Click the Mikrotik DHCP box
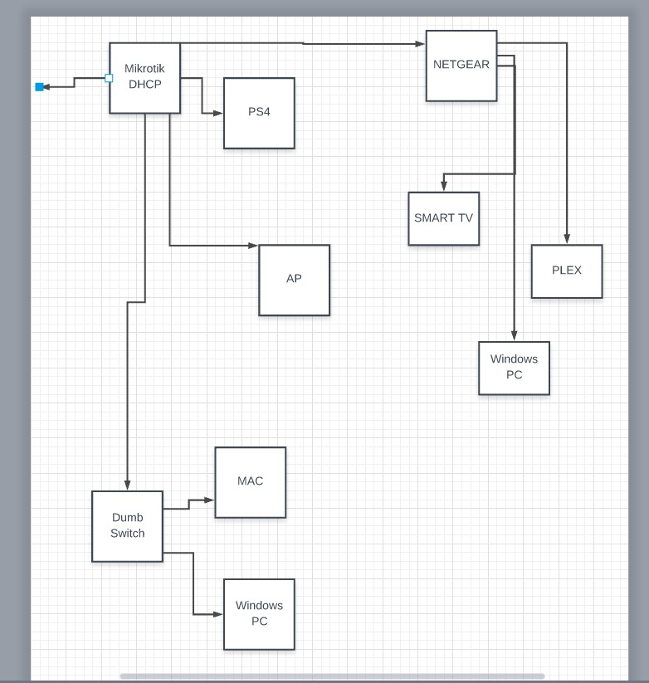144,77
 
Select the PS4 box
259,113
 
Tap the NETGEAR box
461,66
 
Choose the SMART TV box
443,218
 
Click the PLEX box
567,271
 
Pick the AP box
294,280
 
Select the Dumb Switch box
127,526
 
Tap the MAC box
250,482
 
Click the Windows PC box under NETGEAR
514,368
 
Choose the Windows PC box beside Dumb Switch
259,614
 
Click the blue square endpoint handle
39,86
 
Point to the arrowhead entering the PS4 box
219,113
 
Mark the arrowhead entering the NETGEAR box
421,43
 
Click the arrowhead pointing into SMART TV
444,188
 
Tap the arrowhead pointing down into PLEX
567,240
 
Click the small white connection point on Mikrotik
109,78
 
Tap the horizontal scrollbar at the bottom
332,676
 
